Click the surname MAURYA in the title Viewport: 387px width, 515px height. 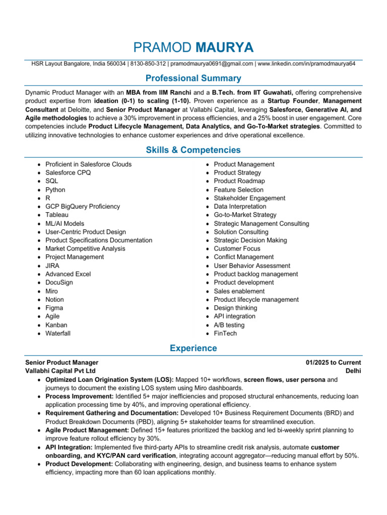[x=224, y=48]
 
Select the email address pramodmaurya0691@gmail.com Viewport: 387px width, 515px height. [x=211, y=64]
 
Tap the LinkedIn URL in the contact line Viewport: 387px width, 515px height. [x=306, y=64]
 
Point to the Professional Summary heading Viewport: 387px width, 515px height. [x=193, y=78]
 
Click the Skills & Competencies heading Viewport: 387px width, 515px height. [x=193, y=150]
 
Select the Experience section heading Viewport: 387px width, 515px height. [x=193, y=348]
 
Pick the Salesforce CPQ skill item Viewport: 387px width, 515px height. [x=68, y=173]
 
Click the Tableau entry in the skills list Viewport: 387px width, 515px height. [x=57, y=215]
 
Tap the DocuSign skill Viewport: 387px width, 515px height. [x=59, y=283]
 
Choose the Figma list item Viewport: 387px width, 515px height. [x=54, y=308]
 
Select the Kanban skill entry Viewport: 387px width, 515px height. [x=56, y=325]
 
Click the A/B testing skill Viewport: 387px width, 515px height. [x=229, y=325]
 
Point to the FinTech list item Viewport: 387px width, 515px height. [x=225, y=333]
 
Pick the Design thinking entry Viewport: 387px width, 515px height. [x=235, y=308]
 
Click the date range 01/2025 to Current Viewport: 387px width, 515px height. [x=333, y=363]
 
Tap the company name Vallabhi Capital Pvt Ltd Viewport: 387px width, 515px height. [x=60, y=371]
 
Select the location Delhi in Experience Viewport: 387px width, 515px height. [x=353, y=371]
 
